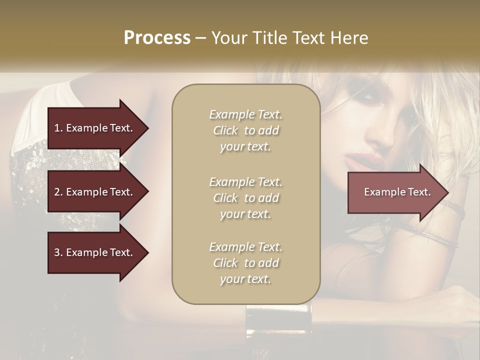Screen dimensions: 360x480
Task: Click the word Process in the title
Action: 157,38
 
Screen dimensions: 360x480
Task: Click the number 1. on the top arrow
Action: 58,128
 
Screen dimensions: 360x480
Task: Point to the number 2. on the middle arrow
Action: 58,192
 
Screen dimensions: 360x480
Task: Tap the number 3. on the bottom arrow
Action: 58,252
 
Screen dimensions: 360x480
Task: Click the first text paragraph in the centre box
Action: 245,130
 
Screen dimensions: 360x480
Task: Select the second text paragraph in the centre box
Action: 245,198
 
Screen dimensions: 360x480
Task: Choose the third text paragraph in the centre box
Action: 245,263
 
